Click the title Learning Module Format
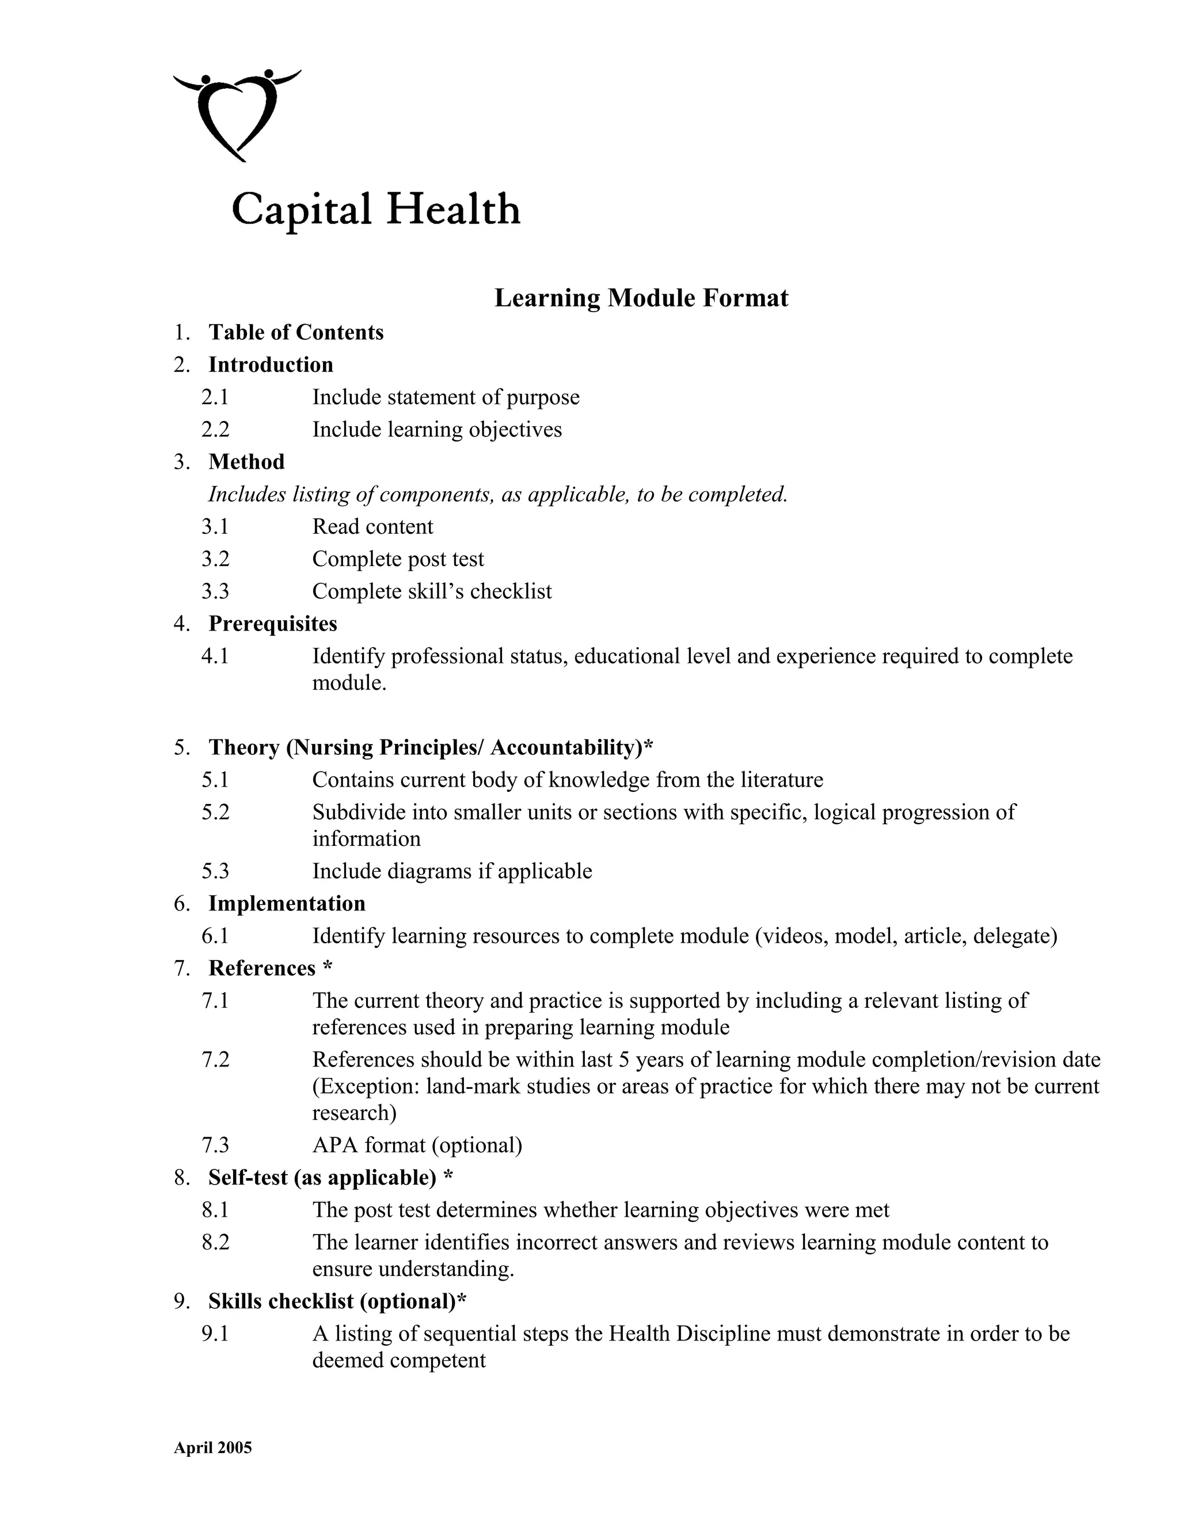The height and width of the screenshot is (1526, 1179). point(641,298)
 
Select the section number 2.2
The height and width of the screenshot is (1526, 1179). point(215,429)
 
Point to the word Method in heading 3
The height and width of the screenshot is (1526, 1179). point(246,462)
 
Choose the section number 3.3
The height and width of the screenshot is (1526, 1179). point(215,591)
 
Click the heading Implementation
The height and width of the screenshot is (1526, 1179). point(286,904)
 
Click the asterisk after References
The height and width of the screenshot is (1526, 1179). point(328,968)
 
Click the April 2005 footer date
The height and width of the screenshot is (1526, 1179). point(212,1447)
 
